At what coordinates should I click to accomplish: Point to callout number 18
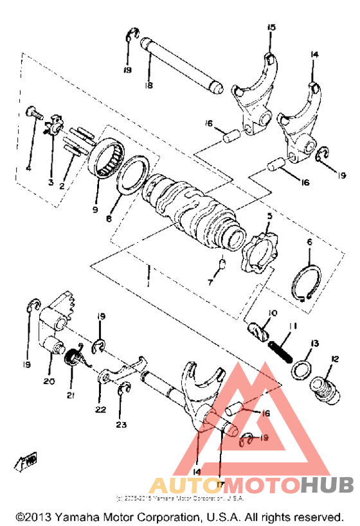(x=148, y=85)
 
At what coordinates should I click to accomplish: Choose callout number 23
(x=123, y=424)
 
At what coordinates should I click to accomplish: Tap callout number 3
(x=51, y=182)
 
